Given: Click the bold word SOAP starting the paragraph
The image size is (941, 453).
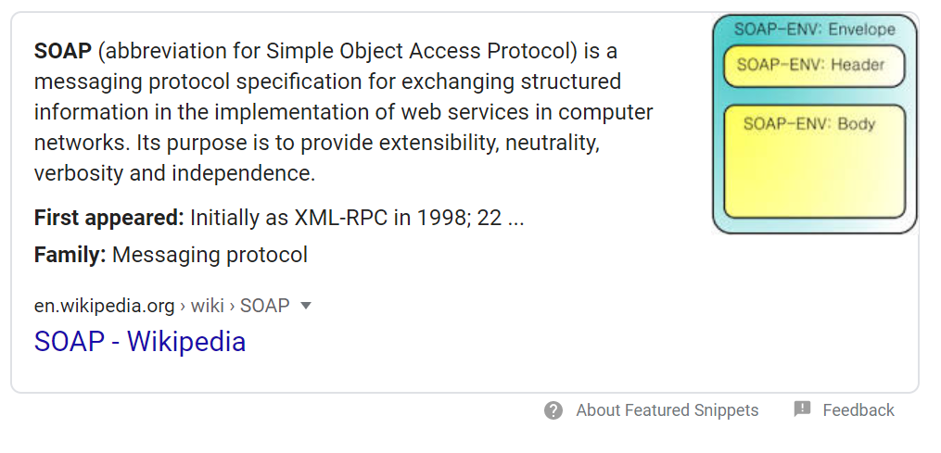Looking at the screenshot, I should pyautogui.click(x=63, y=50).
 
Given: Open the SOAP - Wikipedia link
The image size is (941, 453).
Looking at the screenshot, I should pyautogui.click(x=140, y=342).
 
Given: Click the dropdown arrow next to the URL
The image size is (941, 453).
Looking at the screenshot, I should pyautogui.click(x=307, y=306).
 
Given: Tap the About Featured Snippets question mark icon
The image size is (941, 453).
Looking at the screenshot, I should pyautogui.click(x=553, y=410).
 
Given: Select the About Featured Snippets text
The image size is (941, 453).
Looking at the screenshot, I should pyautogui.click(x=667, y=410).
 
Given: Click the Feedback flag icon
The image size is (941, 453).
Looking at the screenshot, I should pyautogui.click(x=803, y=409).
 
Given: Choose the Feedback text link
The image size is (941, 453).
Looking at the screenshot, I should pyautogui.click(x=858, y=410).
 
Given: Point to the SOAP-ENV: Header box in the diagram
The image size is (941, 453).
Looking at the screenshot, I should pyautogui.click(x=813, y=66).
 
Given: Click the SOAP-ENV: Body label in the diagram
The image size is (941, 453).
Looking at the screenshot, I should pyautogui.click(x=809, y=124).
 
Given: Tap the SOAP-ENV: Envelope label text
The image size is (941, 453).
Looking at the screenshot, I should pyautogui.click(x=814, y=29).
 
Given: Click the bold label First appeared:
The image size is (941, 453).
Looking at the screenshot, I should pyautogui.click(x=109, y=219).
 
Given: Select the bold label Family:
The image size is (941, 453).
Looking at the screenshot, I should pyautogui.click(x=70, y=255).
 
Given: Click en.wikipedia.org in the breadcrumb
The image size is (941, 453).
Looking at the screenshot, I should pyautogui.click(x=105, y=306).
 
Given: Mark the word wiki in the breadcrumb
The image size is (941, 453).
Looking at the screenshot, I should pyautogui.click(x=208, y=306).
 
